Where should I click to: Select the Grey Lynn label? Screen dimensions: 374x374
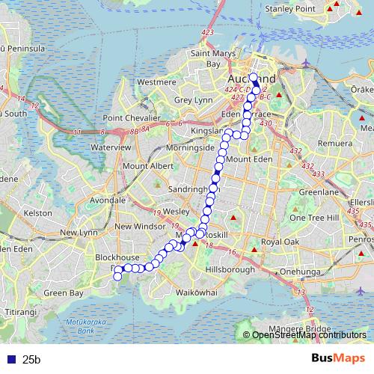point(194,99)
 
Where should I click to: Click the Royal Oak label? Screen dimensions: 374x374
point(280,243)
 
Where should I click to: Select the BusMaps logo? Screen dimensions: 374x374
point(337,359)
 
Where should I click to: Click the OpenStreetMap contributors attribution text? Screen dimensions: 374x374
point(309,335)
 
